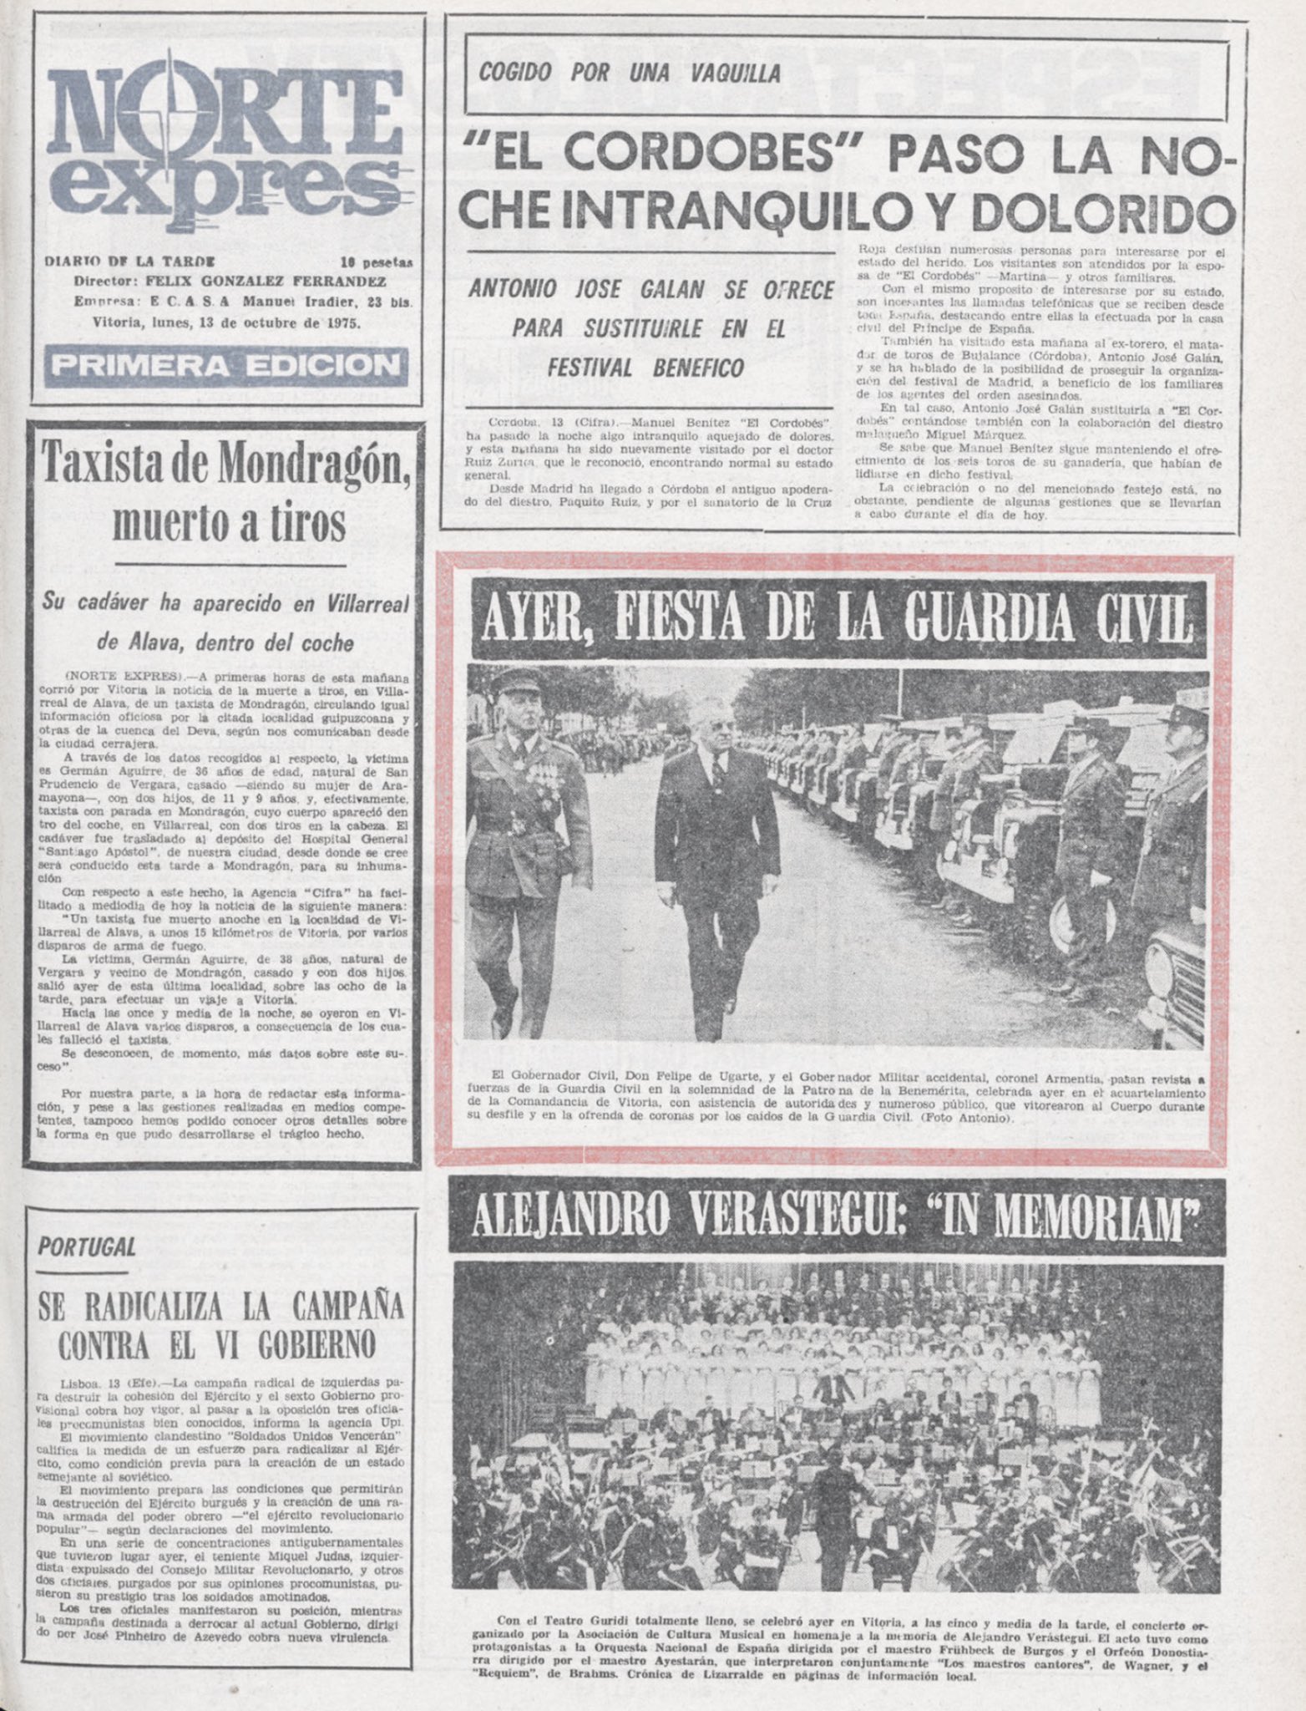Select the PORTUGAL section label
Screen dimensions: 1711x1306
click(87, 1246)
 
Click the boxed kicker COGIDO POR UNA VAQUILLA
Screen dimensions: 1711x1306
click(630, 74)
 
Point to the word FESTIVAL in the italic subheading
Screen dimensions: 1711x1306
click(588, 368)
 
